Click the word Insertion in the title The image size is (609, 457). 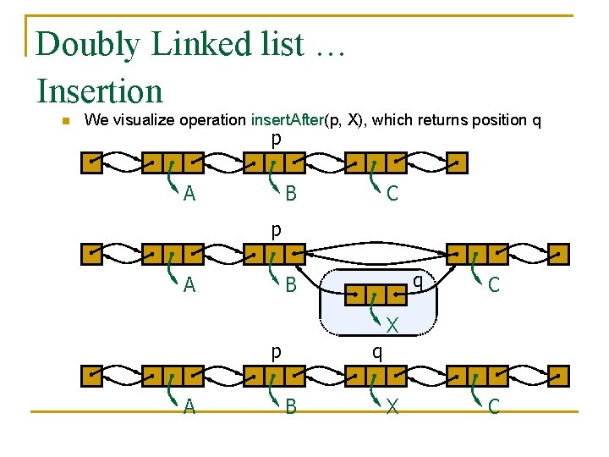(x=100, y=91)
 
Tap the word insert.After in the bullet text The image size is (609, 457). (x=288, y=119)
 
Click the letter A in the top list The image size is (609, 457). (x=189, y=194)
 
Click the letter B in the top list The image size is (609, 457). (x=290, y=194)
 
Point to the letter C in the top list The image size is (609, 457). (x=392, y=194)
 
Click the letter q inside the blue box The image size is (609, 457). (x=417, y=280)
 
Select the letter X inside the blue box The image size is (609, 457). (x=392, y=324)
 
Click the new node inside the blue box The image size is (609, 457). (x=376, y=295)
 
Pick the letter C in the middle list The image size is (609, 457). (x=493, y=285)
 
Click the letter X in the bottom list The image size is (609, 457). (x=392, y=407)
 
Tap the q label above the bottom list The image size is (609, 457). (x=377, y=351)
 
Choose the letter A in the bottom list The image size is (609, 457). (x=189, y=407)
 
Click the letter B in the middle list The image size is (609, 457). (x=290, y=285)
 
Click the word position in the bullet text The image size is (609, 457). (x=497, y=119)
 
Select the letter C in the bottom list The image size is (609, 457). (x=493, y=407)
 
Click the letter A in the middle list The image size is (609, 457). (x=189, y=285)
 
